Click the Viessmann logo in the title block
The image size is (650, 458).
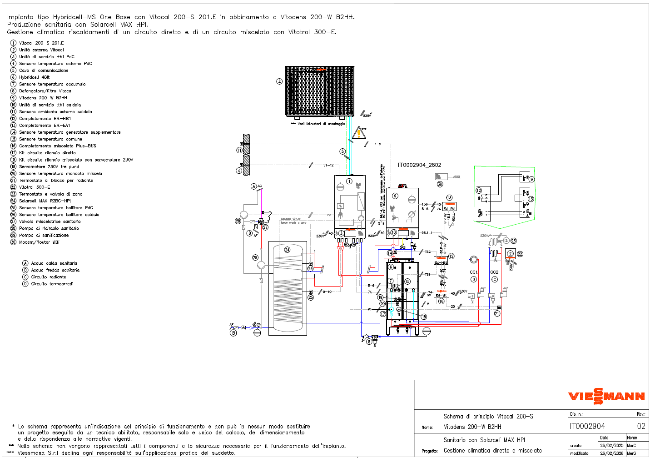606,396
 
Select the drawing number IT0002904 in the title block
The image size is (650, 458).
587,426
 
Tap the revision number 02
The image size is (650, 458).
641,426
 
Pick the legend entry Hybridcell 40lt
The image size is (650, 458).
34,77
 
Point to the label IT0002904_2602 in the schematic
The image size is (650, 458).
419,165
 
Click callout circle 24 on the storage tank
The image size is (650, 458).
287,250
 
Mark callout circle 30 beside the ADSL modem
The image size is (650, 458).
440,184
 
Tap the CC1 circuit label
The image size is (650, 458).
473,272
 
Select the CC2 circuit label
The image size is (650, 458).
494,272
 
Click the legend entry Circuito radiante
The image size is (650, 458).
48,277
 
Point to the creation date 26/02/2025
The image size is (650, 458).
611,446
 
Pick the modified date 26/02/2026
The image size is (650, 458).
611,453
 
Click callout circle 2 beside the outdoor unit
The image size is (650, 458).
279,81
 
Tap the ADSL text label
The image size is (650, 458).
456,177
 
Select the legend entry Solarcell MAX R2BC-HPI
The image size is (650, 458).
45,201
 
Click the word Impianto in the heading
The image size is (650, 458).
20,17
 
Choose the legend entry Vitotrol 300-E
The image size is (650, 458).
35,187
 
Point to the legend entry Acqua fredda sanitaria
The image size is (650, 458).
55,270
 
